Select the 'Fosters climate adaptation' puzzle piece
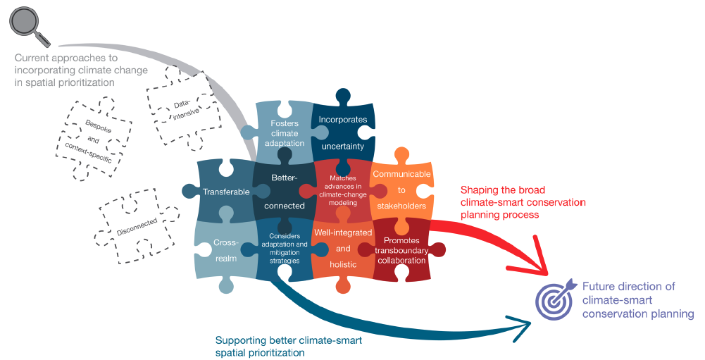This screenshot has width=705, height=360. point(284,132)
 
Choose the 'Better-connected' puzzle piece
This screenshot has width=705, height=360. point(284,191)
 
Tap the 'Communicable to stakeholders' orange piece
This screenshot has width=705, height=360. point(399,190)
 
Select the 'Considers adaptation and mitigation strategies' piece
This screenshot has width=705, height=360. point(284,248)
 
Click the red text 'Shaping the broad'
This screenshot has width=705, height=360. point(503,190)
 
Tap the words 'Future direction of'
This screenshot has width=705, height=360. point(628,287)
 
